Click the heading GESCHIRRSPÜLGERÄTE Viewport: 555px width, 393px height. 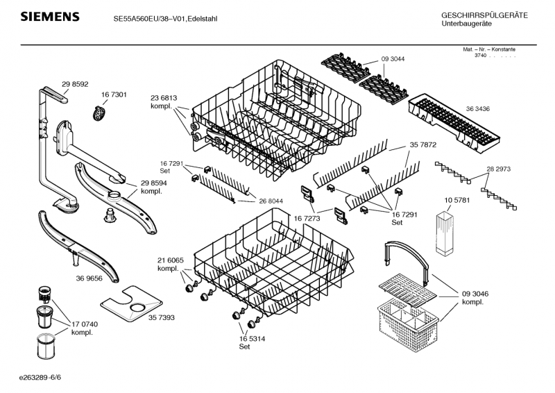[484, 15]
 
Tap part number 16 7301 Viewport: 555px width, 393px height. [113, 94]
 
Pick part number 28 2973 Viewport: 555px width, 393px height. [498, 169]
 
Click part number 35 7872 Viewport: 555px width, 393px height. [422, 145]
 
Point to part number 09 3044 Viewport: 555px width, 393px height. [393, 59]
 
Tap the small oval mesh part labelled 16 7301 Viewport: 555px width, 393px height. [101, 111]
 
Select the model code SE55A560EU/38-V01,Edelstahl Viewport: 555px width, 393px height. [165, 19]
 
